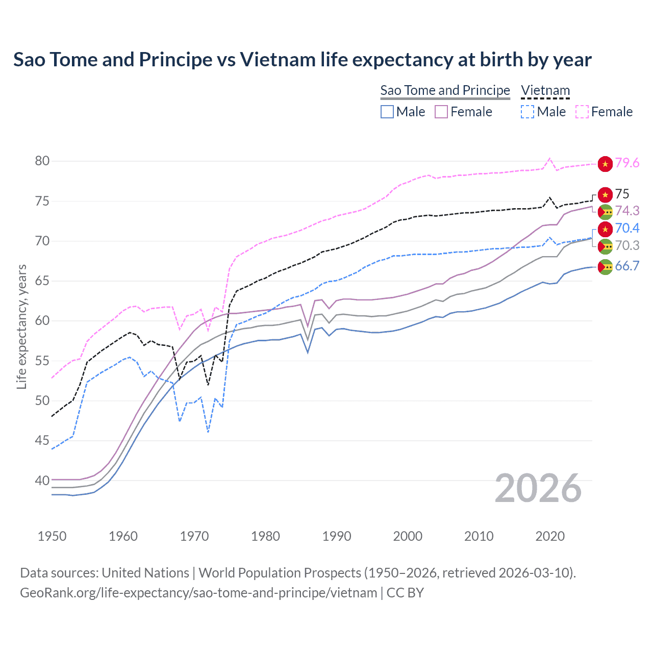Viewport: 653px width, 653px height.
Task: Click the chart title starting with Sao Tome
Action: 302,60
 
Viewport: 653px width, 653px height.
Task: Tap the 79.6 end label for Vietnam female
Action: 627,163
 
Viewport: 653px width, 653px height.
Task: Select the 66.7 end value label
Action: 627,266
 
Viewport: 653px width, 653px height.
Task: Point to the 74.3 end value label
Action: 627,211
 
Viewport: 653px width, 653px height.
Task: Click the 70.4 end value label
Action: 627,228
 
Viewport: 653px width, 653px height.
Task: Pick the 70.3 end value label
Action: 627,245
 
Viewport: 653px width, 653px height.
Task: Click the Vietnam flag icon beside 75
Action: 605,194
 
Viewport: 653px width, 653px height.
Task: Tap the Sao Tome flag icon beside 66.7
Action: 605,267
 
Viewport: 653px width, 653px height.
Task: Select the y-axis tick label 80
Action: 42,161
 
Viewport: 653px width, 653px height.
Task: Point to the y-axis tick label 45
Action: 42,440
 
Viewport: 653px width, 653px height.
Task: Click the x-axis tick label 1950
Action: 52,536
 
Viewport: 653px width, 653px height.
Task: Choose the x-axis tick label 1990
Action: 337,536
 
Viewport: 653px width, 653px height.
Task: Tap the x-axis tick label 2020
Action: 550,536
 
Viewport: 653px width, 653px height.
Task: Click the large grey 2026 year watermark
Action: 538,488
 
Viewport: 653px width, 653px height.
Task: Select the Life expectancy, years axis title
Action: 21,326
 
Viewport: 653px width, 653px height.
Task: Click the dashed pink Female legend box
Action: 582,112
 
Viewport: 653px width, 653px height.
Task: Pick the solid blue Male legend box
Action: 387,112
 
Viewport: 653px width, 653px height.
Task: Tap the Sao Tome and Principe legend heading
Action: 445,90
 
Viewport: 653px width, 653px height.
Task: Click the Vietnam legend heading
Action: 545,90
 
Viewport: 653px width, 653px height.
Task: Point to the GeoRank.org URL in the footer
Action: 198,592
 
